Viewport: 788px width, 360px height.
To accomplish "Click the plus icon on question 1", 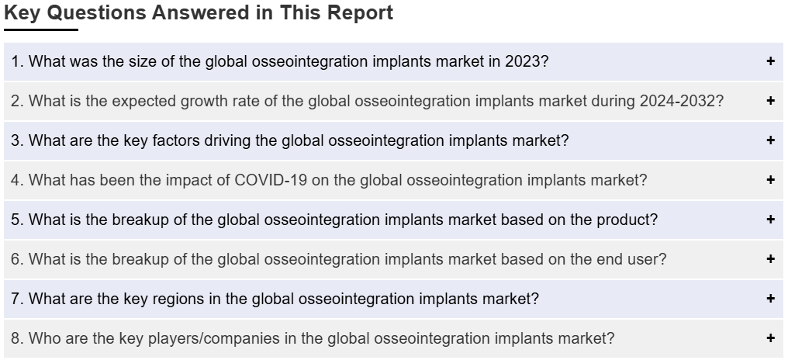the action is (x=770, y=61).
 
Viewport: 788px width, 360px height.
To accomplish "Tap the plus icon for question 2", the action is (x=770, y=101).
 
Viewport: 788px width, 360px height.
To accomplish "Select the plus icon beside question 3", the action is (x=770, y=140).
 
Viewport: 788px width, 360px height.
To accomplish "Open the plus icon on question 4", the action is (x=770, y=179).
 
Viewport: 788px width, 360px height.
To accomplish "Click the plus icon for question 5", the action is (x=770, y=220).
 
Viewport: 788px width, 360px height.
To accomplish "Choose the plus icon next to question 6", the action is (x=770, y=259).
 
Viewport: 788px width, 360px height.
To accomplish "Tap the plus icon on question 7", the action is (x=770, y=298).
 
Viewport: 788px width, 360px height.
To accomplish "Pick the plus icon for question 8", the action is (x=770, y=337).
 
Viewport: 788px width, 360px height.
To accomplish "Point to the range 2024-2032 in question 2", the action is (x=677, y=101).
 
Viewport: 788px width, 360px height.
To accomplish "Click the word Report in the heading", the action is (x=361, y=12).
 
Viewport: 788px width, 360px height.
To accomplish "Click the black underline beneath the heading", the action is (x=41, y=29).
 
